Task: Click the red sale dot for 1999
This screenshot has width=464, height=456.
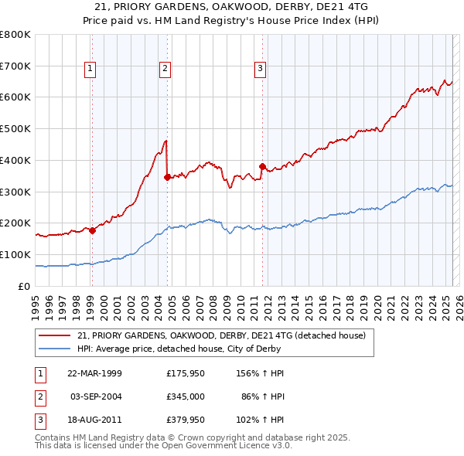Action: coord(92,230)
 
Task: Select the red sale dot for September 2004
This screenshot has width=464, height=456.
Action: coord(167,177)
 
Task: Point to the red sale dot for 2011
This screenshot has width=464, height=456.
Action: coord(262,165)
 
